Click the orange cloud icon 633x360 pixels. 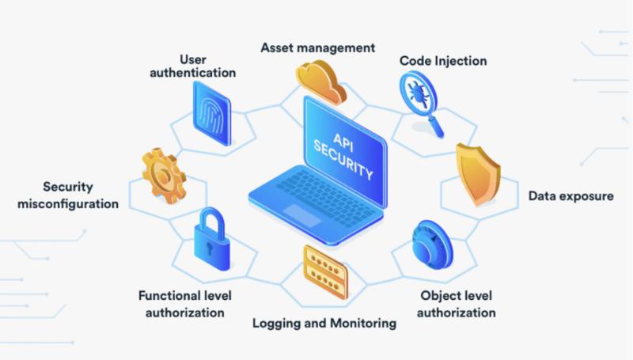point(321,82)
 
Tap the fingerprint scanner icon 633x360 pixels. point(212,113)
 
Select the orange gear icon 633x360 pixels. point(164,176)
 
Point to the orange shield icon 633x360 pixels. point(479,174)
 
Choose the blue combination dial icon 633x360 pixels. point(432,244)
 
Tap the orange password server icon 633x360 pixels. point(325,271)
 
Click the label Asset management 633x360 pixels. point(318,47)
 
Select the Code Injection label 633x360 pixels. point(443,61)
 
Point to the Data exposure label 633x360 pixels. point(570,196)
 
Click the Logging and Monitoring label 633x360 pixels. point(324,323)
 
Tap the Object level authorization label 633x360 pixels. point(457,304)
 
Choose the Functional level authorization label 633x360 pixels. point(185,304)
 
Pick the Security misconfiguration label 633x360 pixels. point(68,195)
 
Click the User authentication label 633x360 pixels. point(193,66)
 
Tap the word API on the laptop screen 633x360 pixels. point(343,143)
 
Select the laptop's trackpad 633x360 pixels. point(302,214)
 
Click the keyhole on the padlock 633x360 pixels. point(209,248)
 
